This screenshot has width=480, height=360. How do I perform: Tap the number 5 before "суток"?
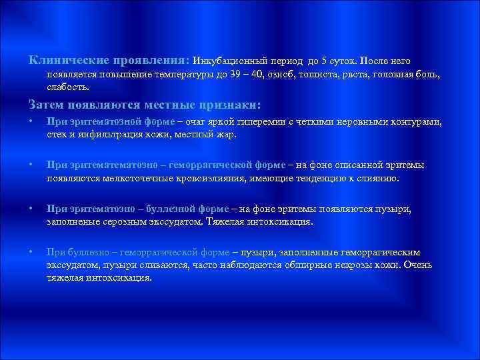324,61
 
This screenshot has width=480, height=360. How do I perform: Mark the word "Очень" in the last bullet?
417,265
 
